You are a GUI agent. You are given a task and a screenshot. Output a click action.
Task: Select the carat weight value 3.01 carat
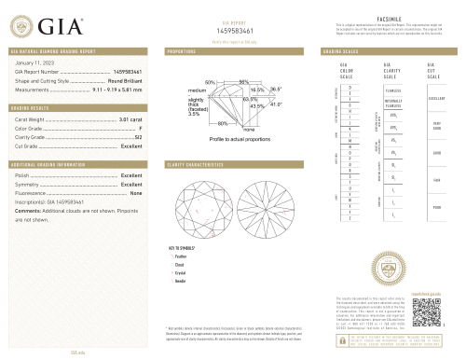(130, 120)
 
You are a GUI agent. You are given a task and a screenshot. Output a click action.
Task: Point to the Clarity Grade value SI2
(138, 137)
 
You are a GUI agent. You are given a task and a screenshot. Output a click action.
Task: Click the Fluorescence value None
(135, 193)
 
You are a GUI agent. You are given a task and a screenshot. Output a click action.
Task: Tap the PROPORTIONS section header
(181, 49)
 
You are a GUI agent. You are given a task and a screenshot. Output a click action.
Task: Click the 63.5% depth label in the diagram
(250, 99)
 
